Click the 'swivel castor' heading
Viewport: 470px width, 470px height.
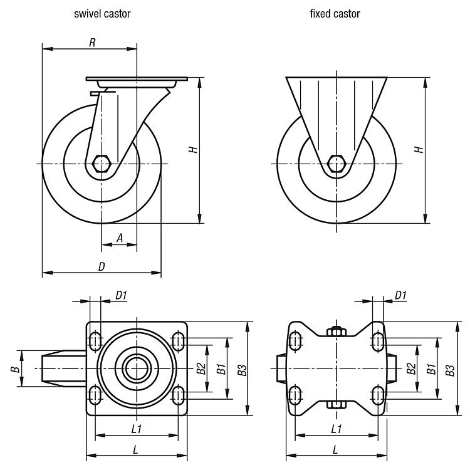pos(102,14)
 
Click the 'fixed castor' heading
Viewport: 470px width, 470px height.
pos(335,14)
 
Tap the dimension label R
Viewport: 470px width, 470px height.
pos(92,43)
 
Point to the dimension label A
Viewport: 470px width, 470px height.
pos(119,238)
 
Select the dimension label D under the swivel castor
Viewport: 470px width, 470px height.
pos(101,267)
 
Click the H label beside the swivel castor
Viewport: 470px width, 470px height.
pos(194,149)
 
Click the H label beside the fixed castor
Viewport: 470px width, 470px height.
pos(420,149)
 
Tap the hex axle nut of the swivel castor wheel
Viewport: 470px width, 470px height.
pos(102,164)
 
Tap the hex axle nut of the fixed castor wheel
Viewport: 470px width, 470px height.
pos(336,164)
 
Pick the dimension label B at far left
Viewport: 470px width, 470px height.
pos(14,369)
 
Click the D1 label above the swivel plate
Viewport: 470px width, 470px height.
pos(121,295)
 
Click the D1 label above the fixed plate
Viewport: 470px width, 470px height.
pos(401,295)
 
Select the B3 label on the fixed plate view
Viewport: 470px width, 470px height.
pos(450,369)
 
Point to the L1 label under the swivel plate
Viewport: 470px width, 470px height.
pos(136,429)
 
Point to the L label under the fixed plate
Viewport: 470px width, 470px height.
pos(335,449)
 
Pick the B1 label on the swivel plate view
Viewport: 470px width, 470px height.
pos(221,369)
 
